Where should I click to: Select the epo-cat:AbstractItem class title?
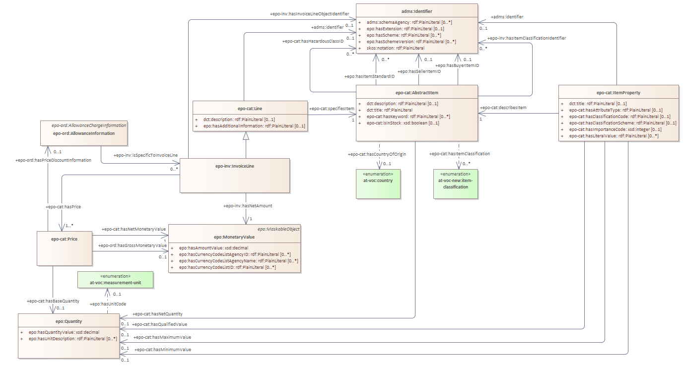click(x=417, y=92)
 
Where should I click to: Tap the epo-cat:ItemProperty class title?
click(x=618, y=92)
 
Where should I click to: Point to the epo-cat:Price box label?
click(x=65, y=239)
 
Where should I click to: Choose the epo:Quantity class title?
click(x=68, y=321)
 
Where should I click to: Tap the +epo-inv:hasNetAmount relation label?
click(x=247, y=205)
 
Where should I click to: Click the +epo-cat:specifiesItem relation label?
click(x=332, y=109)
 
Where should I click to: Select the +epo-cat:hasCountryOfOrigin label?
click(x=377, y=154)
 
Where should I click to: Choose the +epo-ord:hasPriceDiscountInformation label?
click(x=54, y=160)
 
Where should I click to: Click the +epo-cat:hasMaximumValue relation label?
click(x=162, y=337)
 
